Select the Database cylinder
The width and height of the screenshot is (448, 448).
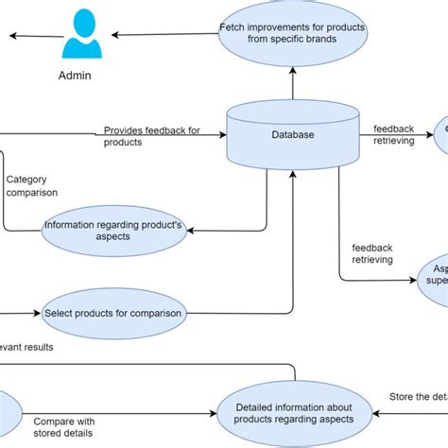pyautogui.click(x=292, y=134)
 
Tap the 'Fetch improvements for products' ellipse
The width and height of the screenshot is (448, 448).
pyautogui.click(x=292, y=34)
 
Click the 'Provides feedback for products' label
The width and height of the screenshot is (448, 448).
pyautogui.click(x=151, y=136)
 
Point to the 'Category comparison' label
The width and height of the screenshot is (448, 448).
pyautogui.click(x=31, y=185)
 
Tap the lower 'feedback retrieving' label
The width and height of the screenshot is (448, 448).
pyautogui.click(x=371, y=253)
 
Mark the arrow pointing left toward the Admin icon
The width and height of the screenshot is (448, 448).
pyautogui.click(x=28, y=36)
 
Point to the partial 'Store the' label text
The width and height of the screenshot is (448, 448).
pyautogui.click(x=417, y=397)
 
